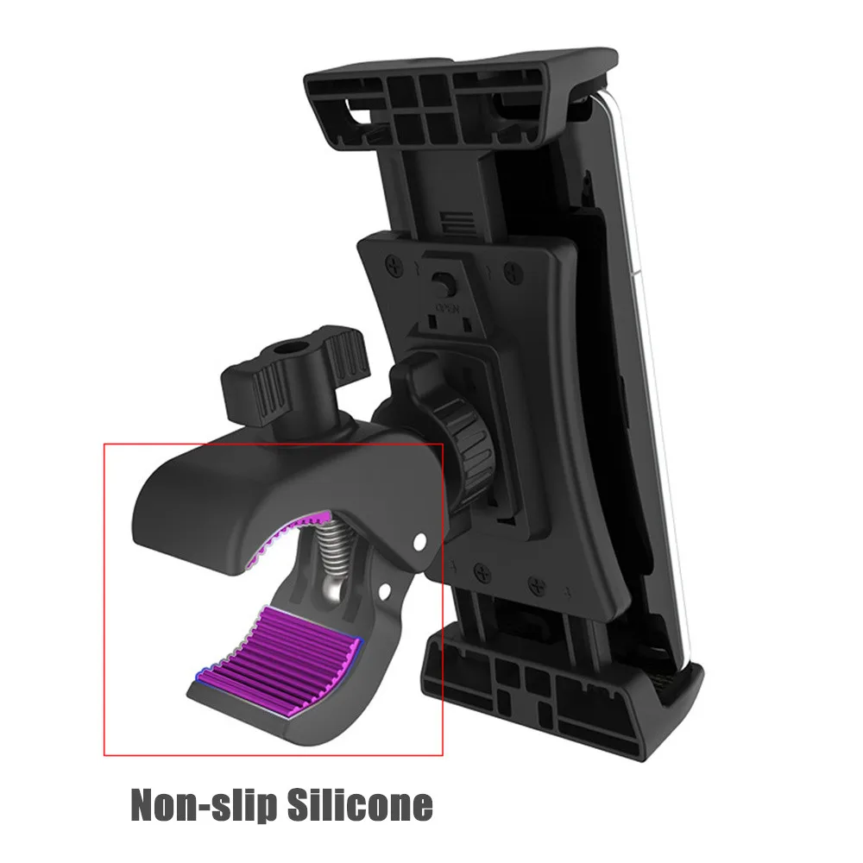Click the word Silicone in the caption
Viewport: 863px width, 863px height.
360,804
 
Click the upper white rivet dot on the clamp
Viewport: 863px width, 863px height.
419,542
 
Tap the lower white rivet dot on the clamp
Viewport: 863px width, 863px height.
384,591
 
